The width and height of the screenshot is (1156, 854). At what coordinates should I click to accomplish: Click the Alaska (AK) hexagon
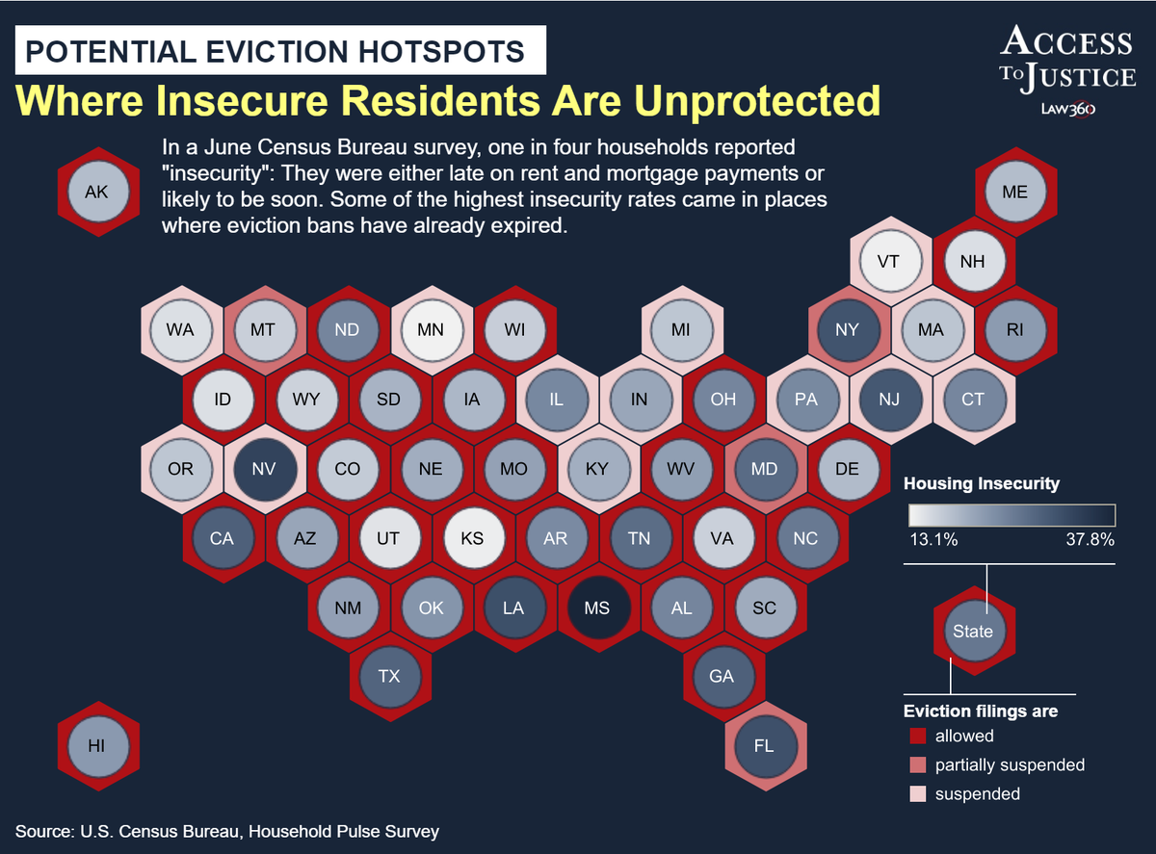(x=96, y=192)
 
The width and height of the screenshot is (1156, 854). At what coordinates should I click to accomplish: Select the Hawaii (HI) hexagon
(x=96, y=745)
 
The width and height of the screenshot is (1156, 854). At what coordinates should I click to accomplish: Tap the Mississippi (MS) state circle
(x=597, y=608)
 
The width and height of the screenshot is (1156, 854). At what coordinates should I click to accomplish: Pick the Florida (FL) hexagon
(x=764, y=745)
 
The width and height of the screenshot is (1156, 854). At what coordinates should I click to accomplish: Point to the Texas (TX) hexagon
(x=388, y=676)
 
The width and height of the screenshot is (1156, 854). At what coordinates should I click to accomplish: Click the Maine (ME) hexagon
(x=1014, y=192)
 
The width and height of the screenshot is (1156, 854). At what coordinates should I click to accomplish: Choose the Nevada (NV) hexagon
(x=263, y=469)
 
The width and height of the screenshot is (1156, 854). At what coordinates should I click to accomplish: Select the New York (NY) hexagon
(x=847, y=330)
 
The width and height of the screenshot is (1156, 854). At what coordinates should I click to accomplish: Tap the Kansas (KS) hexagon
(x=471, y=538)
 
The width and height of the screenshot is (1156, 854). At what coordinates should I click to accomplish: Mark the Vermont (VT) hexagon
(x=888, y=261)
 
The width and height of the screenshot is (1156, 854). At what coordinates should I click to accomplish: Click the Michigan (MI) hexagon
(x=681, y=330)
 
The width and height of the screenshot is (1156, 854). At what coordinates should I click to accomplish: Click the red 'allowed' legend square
(x=917, y=737)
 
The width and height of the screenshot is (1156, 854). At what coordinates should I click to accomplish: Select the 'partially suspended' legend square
(x=917, y=765)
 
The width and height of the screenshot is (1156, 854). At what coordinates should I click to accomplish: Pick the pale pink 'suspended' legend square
(x=917, y=794)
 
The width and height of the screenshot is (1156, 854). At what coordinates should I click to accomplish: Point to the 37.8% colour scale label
(x=1090, y=540)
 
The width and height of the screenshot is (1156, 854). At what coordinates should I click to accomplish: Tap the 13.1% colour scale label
(x=933, y=540)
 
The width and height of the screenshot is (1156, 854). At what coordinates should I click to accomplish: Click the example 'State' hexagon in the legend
(x=972, y=632)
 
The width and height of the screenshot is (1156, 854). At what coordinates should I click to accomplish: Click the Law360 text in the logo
(x=1067, y=109)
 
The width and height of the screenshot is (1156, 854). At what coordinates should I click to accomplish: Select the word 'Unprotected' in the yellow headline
(x=716, y=99)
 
